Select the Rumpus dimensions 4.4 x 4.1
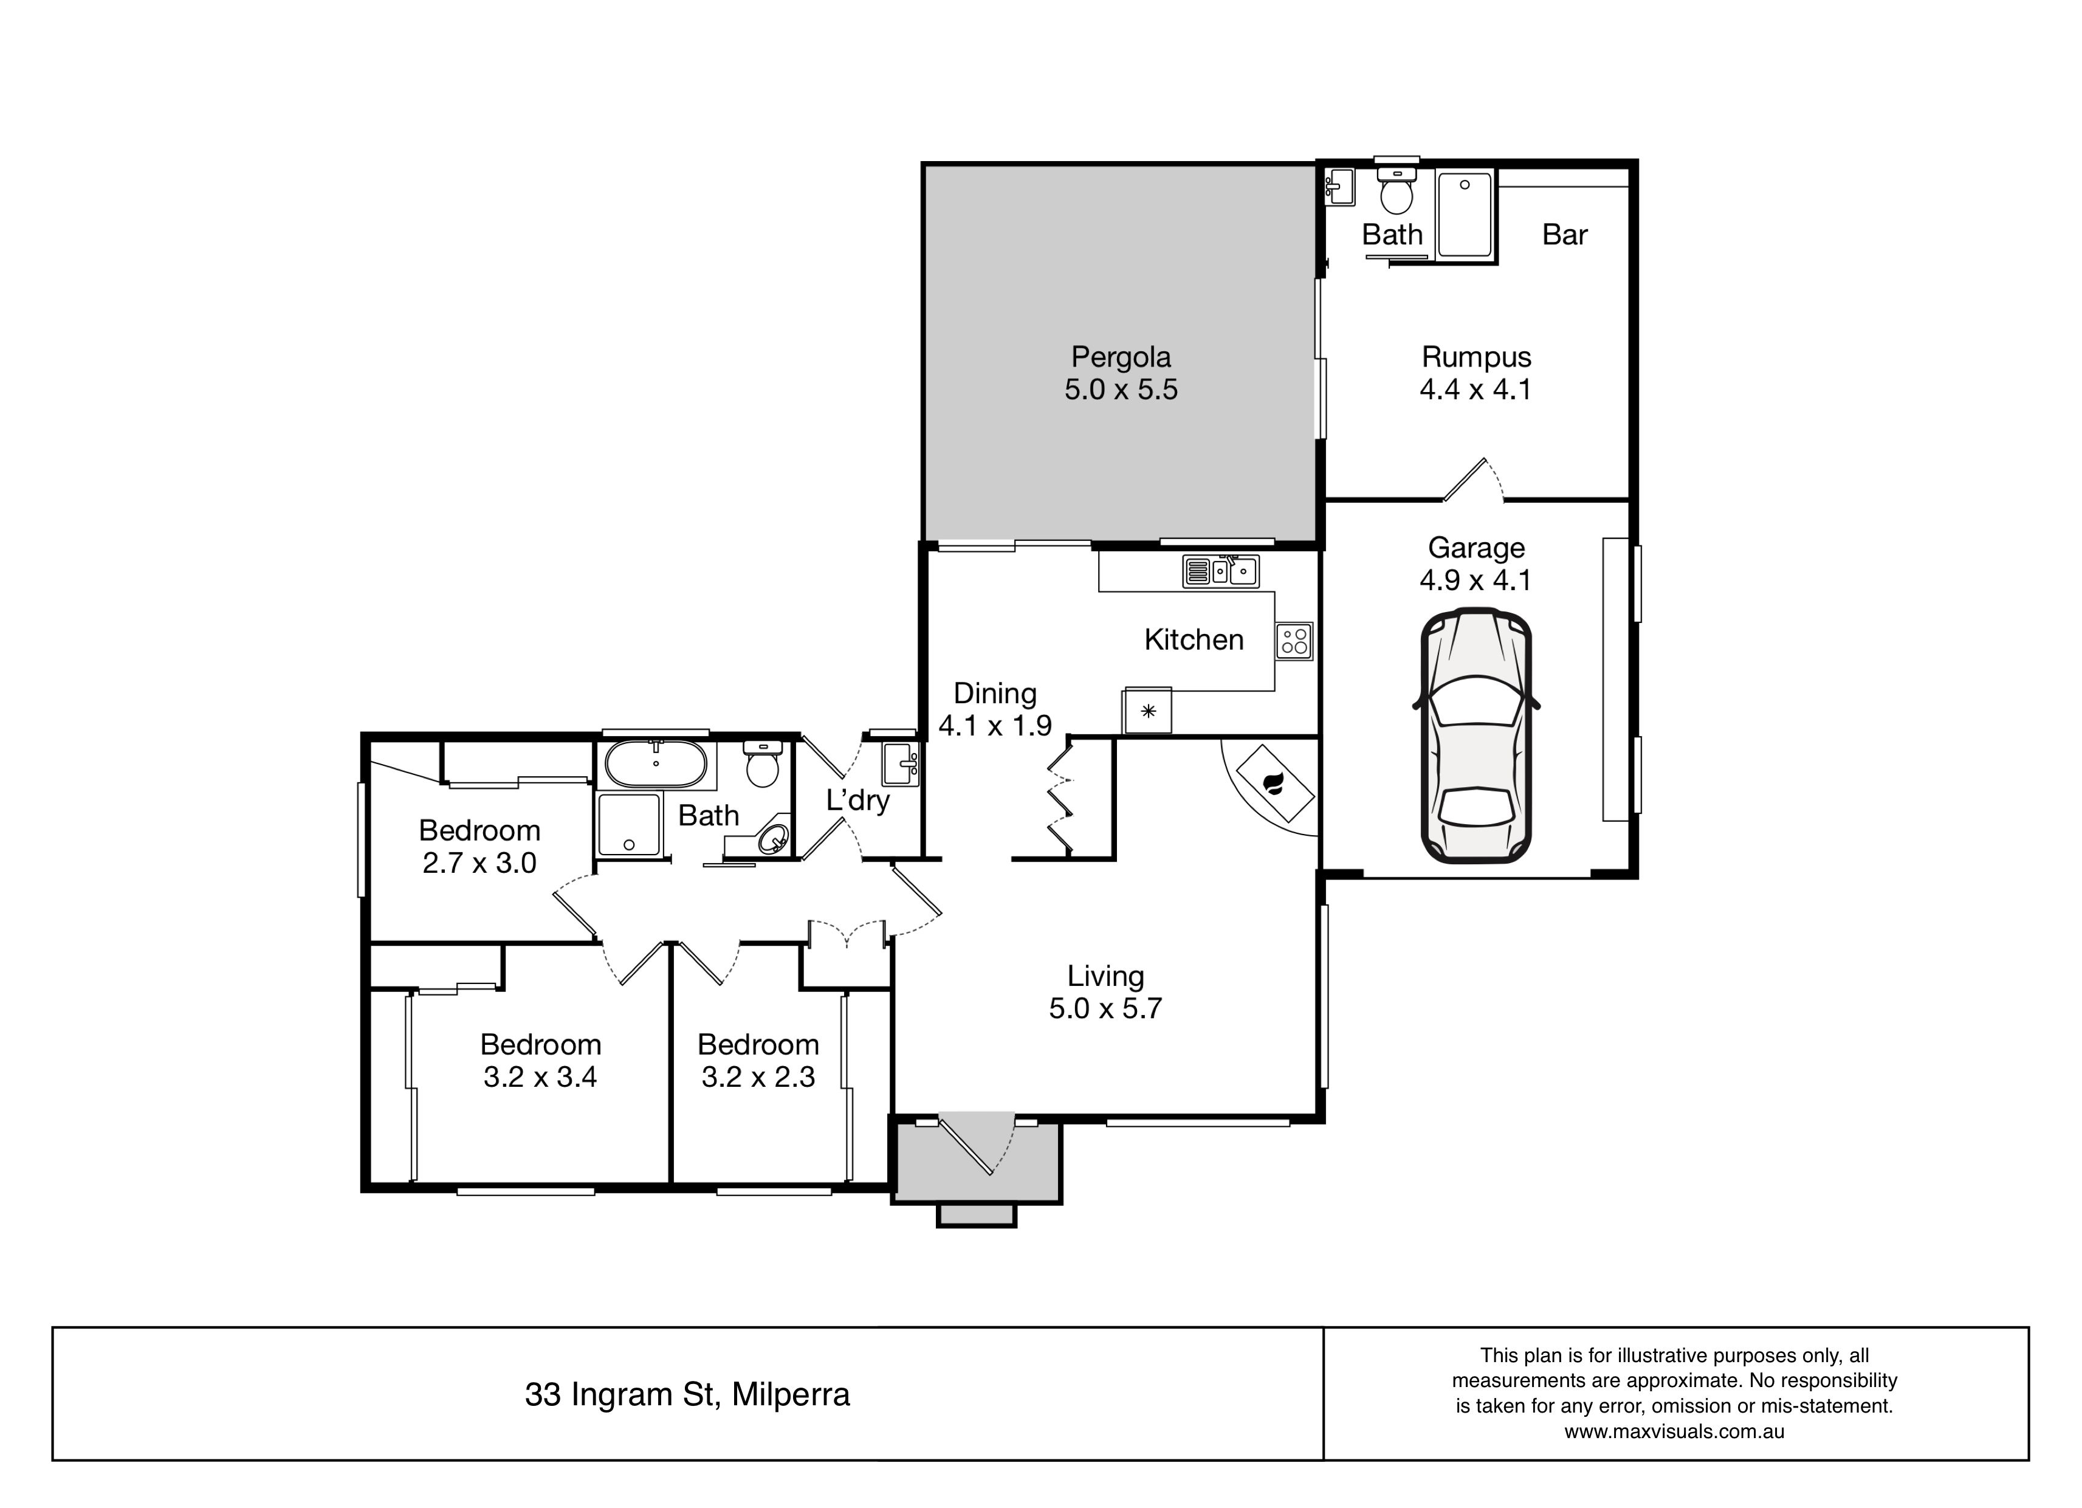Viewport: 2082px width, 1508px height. click(x=1476, y=390)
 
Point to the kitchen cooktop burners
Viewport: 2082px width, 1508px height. click(x=1294, y=640)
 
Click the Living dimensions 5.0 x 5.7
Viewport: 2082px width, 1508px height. click(x=1105, y=1008)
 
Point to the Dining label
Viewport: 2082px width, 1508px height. click(x=995, y=694)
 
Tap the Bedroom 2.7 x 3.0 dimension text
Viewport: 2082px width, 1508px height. click(x=479, y=862)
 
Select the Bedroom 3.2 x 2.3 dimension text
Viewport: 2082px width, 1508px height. click(x=758, y=1076)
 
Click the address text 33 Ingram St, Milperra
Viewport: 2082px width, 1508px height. click(x=687, y=1394)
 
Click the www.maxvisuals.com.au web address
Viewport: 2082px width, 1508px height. click(x=1674, y=1431)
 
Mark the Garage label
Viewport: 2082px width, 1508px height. click(x=1476, y=548)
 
